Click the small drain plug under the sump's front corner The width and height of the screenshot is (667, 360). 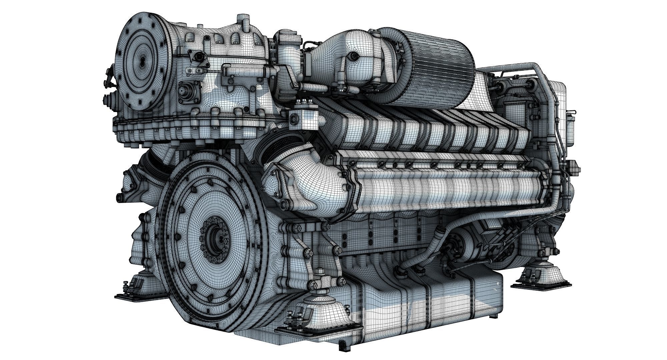click(341, 347)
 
